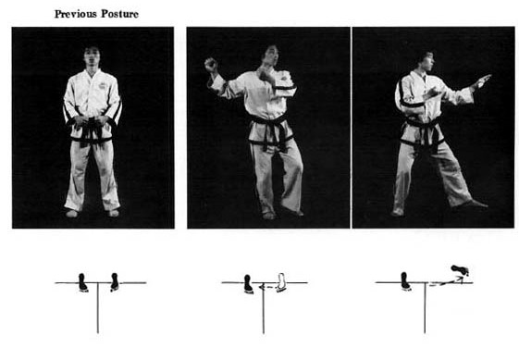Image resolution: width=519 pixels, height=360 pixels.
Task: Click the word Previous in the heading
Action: (76, 14)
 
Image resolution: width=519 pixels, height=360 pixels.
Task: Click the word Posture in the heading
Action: (120, 14)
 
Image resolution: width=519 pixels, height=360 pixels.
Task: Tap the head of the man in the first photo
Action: (92, 56)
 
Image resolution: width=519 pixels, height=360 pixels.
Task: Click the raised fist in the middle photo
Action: (211, 65)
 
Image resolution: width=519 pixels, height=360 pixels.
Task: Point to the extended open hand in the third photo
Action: (482, 81)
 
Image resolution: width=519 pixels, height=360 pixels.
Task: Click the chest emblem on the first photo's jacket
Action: (104, 85)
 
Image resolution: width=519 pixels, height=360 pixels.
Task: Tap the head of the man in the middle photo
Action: (270, 56)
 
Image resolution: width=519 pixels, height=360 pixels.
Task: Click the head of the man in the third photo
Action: (426, 61)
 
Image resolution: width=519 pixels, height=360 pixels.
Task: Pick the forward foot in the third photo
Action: (470, 205)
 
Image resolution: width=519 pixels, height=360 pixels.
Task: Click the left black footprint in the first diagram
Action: (82, 282)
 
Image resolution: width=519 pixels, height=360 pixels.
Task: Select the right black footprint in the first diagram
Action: (115, 282)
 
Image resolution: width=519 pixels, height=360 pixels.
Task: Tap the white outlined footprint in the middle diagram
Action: (281, 282)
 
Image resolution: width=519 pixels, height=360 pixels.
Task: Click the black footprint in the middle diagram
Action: (248, 284)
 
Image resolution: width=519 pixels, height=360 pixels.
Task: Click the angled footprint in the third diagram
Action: (460, 270)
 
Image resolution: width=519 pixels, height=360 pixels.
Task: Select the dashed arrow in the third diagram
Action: (446, 282)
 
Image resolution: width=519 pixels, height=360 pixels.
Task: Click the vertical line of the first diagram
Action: (98, 307)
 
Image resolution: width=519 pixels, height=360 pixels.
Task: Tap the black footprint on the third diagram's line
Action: (405, 281)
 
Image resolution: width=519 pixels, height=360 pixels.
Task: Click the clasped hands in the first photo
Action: (92, 121)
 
